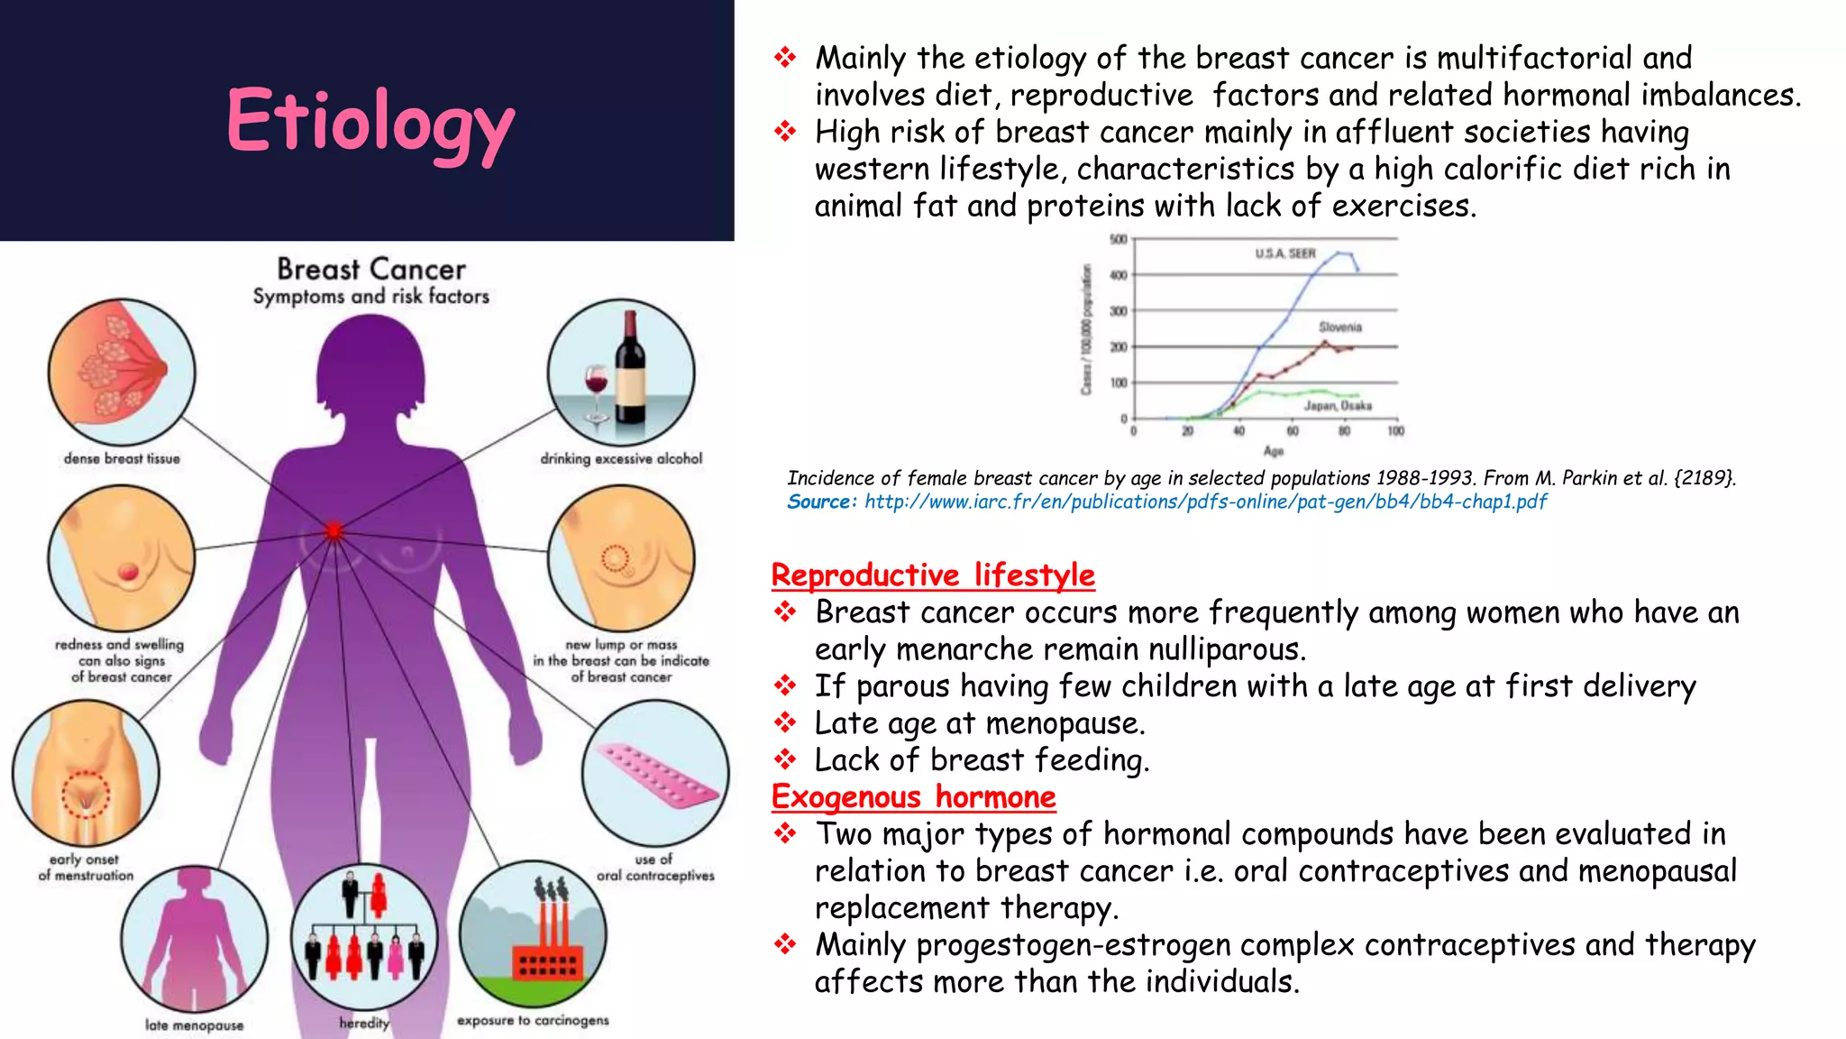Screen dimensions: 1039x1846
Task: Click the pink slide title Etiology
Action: (x=370, y=122)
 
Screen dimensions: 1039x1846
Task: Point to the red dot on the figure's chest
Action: (x=334, y=531)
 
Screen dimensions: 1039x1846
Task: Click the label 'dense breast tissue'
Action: (x=122, y=458)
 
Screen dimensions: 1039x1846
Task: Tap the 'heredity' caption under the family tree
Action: (x=364, y=1023)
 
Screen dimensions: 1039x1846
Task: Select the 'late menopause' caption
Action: (x=194, y=1025)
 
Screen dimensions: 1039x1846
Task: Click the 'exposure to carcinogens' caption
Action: (x=533, y=1020)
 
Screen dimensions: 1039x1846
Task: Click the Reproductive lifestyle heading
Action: (x=933, y=575)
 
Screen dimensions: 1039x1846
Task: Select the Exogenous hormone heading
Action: (x=913, y=796)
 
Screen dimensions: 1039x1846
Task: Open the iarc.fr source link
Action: (x=1205, y=501)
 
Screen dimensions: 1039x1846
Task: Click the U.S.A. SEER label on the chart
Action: (x=1285, y=253)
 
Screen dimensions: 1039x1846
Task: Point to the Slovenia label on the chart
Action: (x=1340, y=326)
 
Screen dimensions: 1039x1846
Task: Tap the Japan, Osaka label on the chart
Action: (x=1338, y=406)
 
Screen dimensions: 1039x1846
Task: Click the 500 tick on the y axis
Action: (x=1118, y=239)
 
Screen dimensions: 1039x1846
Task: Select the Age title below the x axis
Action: (x=1273, y=451)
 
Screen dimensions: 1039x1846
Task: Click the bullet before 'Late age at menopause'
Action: (x=785, y=722)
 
